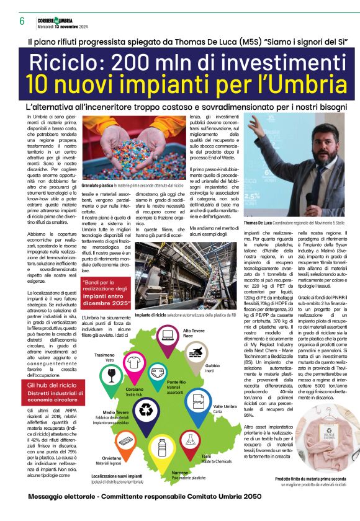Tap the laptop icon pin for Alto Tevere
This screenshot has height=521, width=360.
click(168, 337)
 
